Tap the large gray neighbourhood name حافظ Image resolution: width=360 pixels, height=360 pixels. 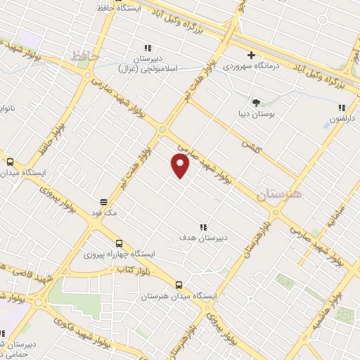(x=86, y=55)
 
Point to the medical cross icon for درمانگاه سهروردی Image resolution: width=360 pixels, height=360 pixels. (x=251, y=55)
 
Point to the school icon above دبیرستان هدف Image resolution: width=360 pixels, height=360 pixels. (x=203, y=226)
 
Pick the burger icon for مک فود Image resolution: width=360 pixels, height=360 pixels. (x=103, y=200)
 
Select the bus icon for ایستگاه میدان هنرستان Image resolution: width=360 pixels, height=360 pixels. (x=179, y=285)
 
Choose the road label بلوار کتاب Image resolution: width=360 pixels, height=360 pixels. (x=131, y=269)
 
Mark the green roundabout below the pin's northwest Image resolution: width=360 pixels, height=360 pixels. (x=163, y=129)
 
